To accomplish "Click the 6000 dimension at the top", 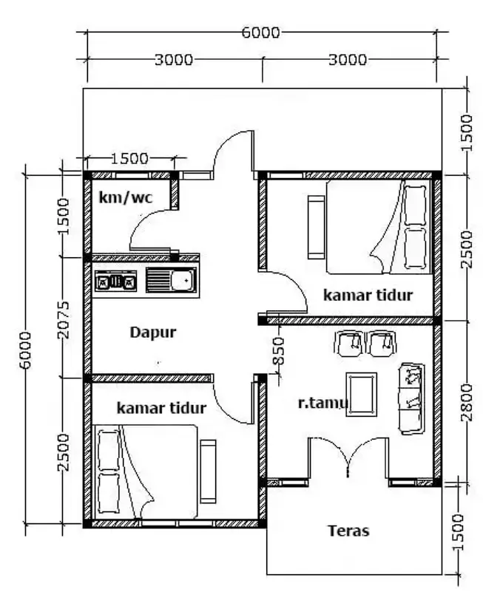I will click(260, 33).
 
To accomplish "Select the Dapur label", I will click(153, 332).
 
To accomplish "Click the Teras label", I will click(348, 530).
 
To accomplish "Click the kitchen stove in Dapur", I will click(116, 281).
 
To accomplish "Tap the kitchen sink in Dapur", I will click(171, 281).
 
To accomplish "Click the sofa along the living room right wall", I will click(411, 398).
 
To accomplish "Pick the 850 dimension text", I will click(279, 352).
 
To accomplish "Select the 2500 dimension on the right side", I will click(464, 250).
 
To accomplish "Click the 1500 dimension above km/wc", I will click(129, 157).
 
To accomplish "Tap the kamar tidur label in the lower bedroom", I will click(161, 407).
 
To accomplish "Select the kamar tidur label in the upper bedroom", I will click(368, 295).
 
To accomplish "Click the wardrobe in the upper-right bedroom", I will click(317, 227).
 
